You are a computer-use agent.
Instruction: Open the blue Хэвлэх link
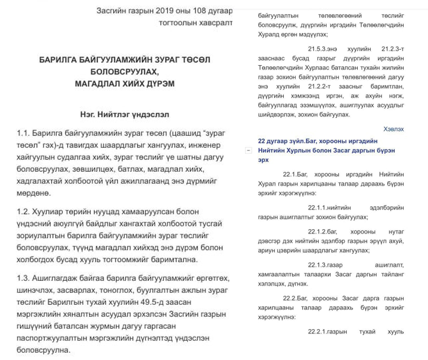(393, 129)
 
